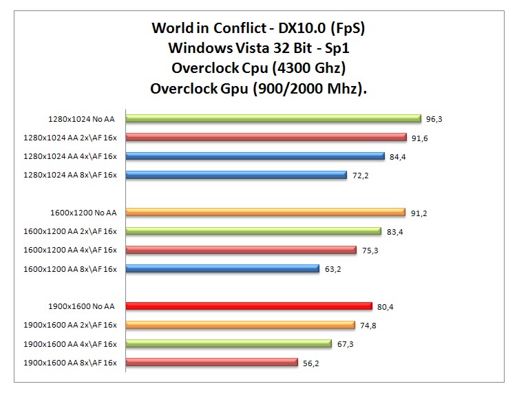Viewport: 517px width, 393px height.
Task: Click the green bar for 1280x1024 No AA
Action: click(273, 118)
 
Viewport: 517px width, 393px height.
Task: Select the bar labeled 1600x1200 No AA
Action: click(265, 213)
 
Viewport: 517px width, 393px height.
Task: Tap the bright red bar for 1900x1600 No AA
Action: click(249, 306)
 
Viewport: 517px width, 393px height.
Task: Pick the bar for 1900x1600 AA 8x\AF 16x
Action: click(211, 363)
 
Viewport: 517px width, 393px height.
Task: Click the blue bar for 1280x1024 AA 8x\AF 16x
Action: click(235, 175)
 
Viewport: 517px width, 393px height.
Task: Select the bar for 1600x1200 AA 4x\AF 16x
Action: click(241, 250)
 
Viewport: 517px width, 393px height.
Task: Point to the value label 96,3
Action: click(434, 119)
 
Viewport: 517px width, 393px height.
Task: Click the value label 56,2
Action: click(310, 363)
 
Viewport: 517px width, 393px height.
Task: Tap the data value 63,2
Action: click(333, 269)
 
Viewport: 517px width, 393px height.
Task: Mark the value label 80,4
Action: click(386, 307)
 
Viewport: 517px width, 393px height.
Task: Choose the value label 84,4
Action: click(397, 156)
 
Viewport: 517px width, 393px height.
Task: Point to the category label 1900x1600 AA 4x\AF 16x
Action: click(70, 343)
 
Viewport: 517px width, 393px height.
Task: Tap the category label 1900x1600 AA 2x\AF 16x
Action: click(70, 325)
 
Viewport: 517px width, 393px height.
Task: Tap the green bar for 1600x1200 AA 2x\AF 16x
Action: click(253, 231)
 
